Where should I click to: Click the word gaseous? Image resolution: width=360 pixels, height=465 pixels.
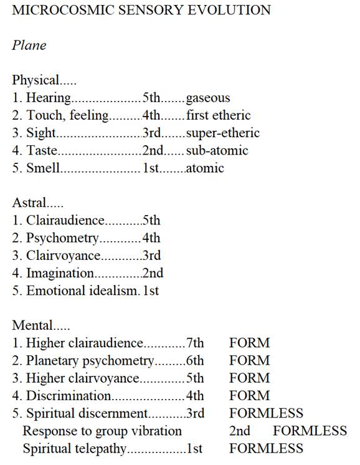click(208, 98)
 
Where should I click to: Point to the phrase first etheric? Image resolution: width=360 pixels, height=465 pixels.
click(218, 115)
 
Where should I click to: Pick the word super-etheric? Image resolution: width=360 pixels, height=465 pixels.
click(222, 133)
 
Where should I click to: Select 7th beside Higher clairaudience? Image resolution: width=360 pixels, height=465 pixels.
click(195, 343)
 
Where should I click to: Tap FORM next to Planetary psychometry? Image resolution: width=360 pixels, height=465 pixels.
click(249, 360)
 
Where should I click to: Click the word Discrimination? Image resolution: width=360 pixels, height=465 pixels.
click(69, 395)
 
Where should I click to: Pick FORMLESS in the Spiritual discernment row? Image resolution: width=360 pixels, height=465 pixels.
click(266, 413)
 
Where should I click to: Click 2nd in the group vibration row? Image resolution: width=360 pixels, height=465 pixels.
click(240, 430)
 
